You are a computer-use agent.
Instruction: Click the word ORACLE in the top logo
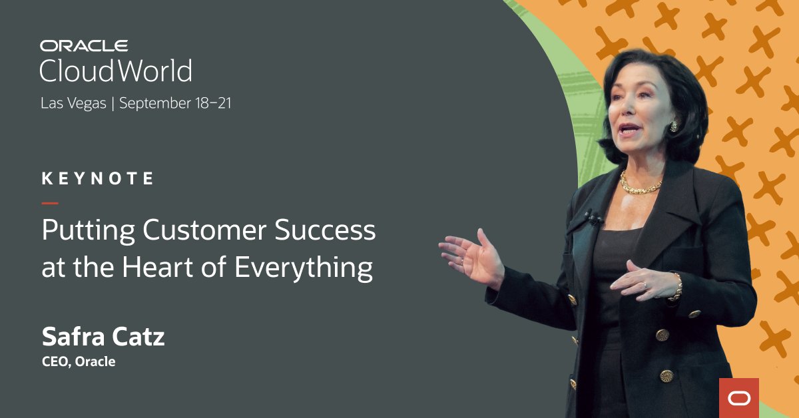coord(83,46)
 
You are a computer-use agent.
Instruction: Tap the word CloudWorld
coord(116,71)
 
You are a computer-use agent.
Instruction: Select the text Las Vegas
coord(73,104)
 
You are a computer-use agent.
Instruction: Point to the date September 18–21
coord(175,104)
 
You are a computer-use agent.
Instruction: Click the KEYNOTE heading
coord(97,178)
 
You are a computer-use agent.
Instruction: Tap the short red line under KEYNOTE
coord(50,203)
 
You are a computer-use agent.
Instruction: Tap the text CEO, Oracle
coord(78,362)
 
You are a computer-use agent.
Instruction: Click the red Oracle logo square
coord(739,397)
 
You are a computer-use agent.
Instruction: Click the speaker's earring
coord(673,126)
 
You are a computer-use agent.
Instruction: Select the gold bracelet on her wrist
coord(677,286)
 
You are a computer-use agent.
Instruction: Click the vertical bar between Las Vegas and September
coord(113,104)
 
